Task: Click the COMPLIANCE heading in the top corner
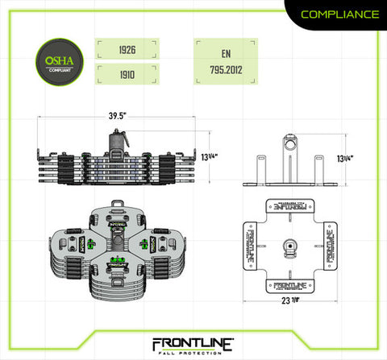(339, 14)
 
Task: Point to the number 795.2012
(225, 72)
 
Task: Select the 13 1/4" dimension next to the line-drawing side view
(345, 157)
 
